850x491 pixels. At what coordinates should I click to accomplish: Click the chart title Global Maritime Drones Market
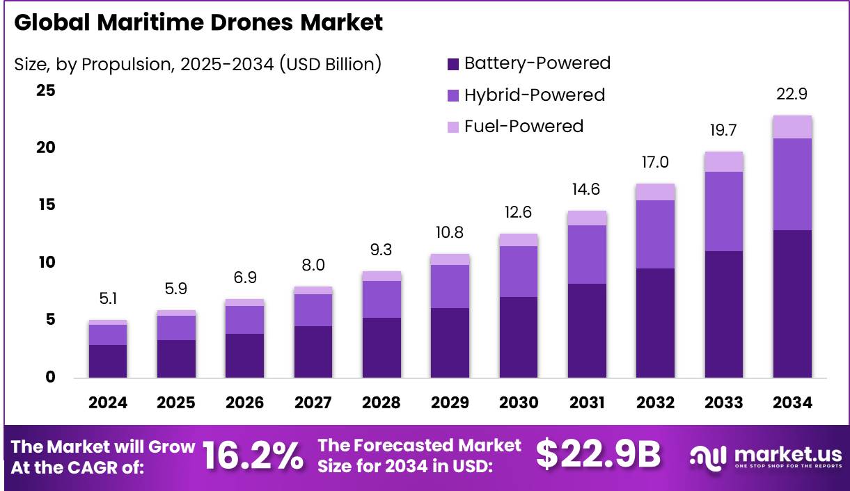click(198, 22)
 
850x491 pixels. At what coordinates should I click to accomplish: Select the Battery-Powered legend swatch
click(452, 64)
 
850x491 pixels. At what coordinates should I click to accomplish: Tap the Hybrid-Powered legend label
click(534, 95)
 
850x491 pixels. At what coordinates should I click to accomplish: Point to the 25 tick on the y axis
click(47, 90)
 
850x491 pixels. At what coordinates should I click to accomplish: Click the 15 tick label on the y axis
click(47, 205)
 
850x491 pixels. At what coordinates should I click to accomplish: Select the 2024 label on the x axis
click(108, 403)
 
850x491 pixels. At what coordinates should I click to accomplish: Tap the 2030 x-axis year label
click(519, 403)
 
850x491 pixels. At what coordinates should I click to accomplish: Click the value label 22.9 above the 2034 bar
click(792, 95)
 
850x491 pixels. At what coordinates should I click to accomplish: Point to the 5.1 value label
click(108, 299)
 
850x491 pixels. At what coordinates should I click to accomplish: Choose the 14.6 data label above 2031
click(587, 189)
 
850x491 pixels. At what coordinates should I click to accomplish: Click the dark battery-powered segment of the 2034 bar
click(792, 304)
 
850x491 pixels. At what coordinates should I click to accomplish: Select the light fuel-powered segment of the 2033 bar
click(724, 161)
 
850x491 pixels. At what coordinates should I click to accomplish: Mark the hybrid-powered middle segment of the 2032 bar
click(655, 234)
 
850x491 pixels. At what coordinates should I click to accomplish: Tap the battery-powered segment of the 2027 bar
click(313, 352)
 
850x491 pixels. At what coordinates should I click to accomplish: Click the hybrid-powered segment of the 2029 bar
click(450, 286)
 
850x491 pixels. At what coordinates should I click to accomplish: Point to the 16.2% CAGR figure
click(253, 456)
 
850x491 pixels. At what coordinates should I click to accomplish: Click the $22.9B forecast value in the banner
click(598, 455)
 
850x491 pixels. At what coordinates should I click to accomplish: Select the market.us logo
click(765, 456)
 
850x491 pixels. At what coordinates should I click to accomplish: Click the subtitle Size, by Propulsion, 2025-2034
click(198, 64)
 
